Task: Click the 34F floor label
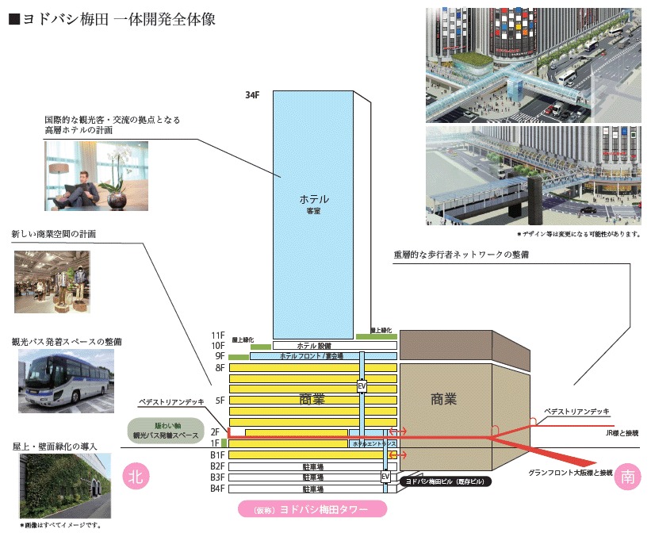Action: [252, 95]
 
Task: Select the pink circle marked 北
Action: [136, 476]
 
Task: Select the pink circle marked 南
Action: [627, 477]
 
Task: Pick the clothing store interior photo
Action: [52, 282]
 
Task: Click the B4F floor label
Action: [217, 489]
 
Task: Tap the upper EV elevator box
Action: [362, 386]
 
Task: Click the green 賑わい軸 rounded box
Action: [167, 431]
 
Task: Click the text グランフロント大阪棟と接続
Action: [571, 474]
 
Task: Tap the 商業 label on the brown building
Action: [443, 399]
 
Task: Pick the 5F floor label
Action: [220, 401]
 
